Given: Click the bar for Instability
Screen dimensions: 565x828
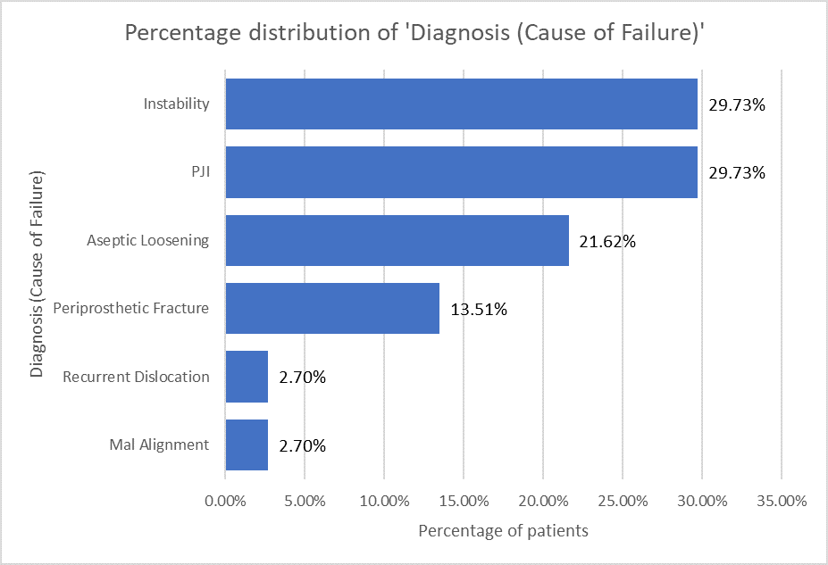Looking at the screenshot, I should (461, 104).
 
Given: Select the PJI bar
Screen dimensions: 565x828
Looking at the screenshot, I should (461, 172).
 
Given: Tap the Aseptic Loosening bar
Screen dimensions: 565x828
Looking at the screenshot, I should (397, 240).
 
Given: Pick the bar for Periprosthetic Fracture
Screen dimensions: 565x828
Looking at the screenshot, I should (332, 309).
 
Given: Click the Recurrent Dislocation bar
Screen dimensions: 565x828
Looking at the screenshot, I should (247, 377).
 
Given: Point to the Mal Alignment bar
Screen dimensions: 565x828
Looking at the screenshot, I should (247, 445).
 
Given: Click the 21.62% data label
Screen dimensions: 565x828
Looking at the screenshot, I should (607, 241).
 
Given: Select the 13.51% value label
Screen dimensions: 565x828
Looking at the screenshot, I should (479, 310).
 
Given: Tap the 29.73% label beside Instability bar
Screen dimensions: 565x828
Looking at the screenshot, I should (737, 104).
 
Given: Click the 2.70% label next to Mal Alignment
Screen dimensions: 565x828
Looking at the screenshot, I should (302, 445).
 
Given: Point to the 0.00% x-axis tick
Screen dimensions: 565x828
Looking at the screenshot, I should (225, 501).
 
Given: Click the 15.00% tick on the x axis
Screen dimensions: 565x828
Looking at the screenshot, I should (464, 501).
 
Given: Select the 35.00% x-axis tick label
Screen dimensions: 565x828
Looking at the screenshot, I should (782, 501).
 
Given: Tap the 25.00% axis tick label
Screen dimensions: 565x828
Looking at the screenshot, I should (623, 501).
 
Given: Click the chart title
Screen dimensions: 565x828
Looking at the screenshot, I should (414, 34).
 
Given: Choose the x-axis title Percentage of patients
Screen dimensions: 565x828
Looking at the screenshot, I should (503, 531).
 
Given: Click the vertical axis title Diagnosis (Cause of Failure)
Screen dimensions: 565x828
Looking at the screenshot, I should (37, 274).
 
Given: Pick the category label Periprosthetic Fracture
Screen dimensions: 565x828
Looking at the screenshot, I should (131, 309).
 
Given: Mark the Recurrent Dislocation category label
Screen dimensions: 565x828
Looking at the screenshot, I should (136, 377).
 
